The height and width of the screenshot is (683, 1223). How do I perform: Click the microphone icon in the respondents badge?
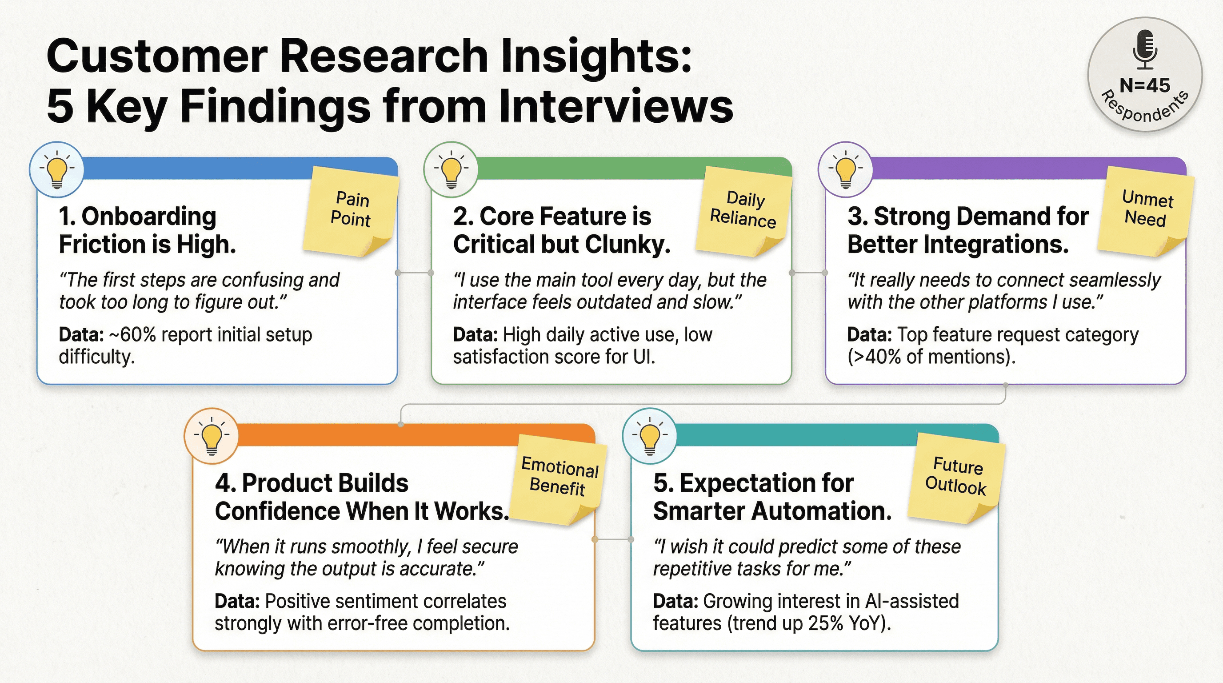click(1145, 49)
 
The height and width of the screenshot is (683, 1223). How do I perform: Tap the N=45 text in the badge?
click(1145, 85)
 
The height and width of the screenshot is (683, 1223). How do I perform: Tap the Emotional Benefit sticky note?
click(559, 477)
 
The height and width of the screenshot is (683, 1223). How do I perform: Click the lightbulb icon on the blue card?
click(56, 169)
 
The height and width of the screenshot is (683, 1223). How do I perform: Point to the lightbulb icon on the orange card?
click(211, 436)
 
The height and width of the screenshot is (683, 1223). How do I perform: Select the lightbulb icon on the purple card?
click(845, 169)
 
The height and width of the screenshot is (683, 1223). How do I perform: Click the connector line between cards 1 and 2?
click(414, 273)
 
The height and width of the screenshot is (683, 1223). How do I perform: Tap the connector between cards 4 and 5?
click(612, 539)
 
